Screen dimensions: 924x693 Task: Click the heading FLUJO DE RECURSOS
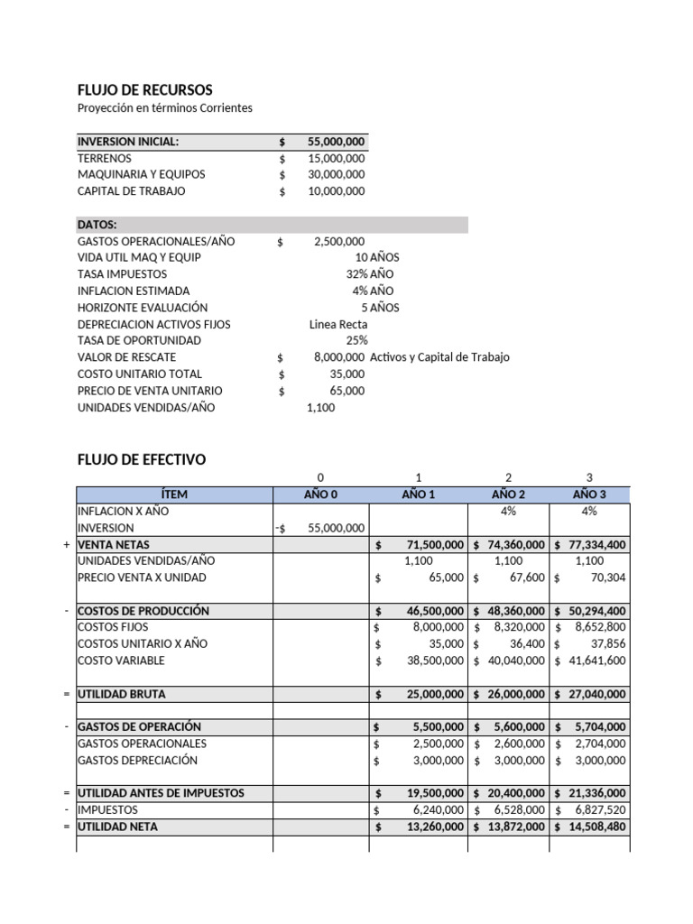tap(145, 90)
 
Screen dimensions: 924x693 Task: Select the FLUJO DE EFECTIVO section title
tap(142, 459)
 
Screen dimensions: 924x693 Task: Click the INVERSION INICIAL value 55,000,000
tap(336, 142)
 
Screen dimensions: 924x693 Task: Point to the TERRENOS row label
tap(105, 158)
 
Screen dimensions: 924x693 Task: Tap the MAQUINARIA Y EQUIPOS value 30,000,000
tap(336, 174)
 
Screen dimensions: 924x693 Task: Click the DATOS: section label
tap(97, 225)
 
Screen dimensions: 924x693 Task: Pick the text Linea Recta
tap(338, 324)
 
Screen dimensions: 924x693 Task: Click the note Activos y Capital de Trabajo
tap(439, 357)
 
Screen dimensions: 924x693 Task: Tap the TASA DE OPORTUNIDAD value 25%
tap(356, 340)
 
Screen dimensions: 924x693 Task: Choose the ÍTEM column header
tap(174, 494)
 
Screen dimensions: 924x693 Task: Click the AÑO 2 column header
tap(508, 494)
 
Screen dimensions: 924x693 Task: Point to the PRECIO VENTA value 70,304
tap(607, 577)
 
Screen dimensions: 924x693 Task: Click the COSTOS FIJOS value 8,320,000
tap(517, 627)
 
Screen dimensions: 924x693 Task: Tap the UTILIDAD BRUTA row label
tap(122, 694)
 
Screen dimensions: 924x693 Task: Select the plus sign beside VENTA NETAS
tap(67, 544)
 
